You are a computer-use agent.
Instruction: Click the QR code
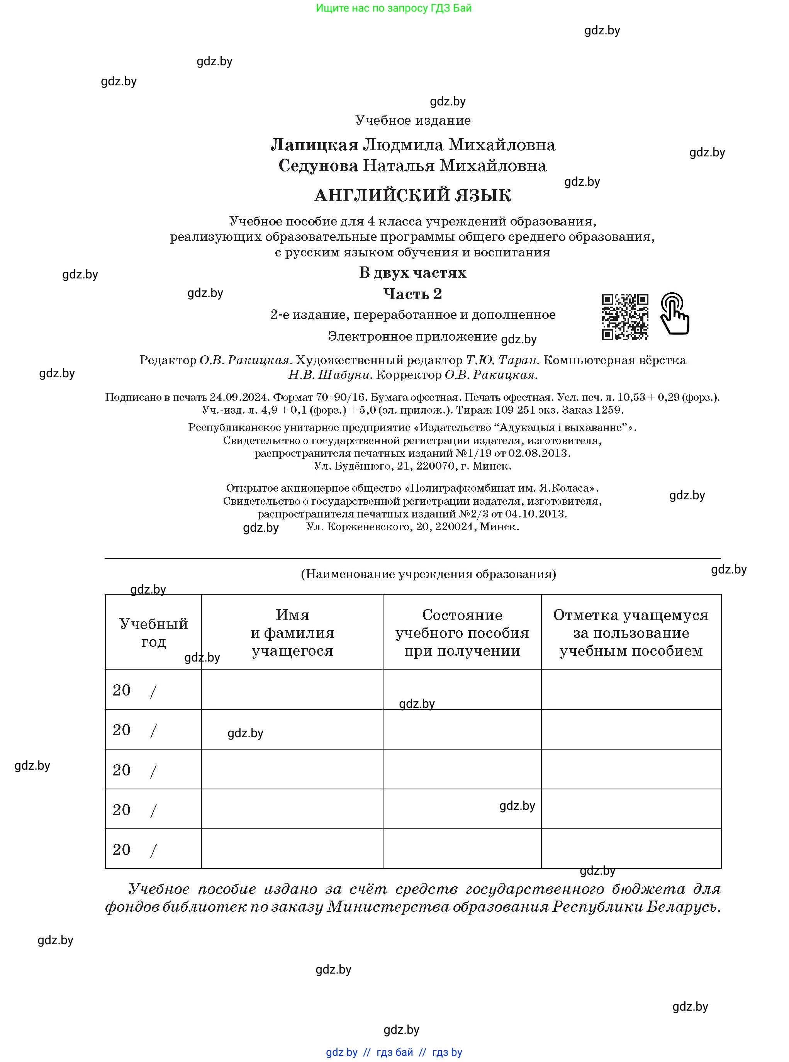tap(625, 317)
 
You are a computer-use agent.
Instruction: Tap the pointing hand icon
tap(674, 314)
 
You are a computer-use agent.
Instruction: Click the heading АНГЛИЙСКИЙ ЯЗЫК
tap(412, 195)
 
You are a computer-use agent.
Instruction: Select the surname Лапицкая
tap(314, 145)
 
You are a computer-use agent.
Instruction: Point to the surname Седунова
tap(318, 166)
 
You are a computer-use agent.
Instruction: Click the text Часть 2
tap(412, 293)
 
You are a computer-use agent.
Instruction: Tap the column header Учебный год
tap(153, 632)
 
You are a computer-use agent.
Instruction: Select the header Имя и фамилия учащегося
tap(292, 632)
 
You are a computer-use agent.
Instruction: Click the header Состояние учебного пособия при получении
tap(462, 632)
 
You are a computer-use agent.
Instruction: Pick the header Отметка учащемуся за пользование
tap(631, 632)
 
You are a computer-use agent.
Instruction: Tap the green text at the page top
tap(394, 8)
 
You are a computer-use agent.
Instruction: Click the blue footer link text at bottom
tap(394, 1052)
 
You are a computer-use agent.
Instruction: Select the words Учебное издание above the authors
tap(412, 120)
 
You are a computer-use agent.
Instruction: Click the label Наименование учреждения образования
tap(428, 574)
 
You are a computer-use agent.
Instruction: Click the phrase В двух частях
tap(412, 273)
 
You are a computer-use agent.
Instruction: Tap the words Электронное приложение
tap(412, 336)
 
